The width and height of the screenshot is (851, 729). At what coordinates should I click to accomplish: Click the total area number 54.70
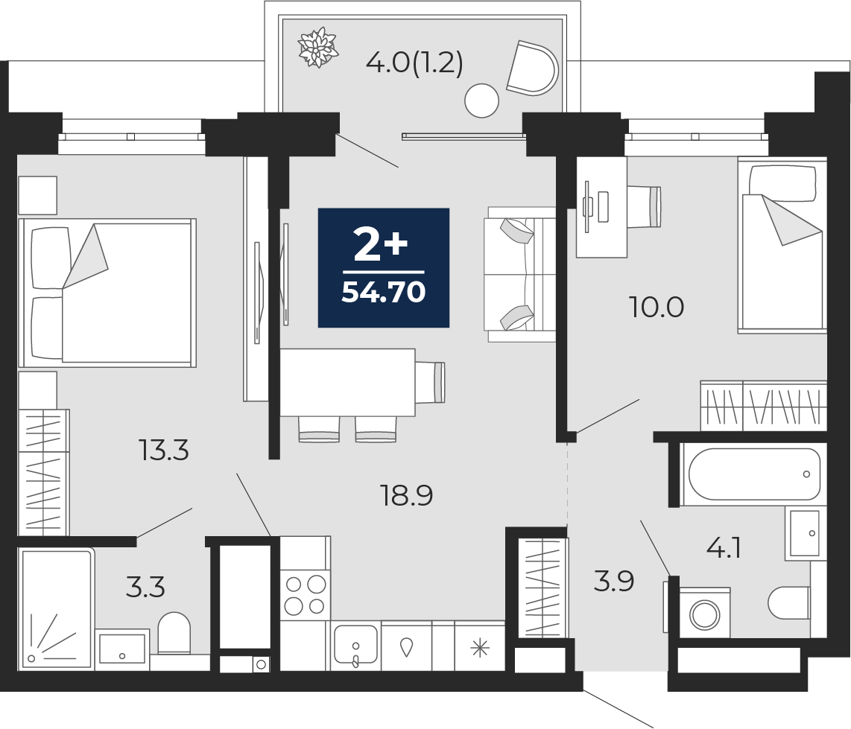pos(383,293)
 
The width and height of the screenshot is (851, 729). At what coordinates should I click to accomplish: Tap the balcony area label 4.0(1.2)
pos(414,64)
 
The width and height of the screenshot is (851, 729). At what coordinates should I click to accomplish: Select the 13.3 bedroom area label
pos(164,451)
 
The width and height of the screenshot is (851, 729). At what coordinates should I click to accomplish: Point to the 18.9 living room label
pos(408,495)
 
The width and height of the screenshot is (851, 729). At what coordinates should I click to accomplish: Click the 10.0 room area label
pos(657,308)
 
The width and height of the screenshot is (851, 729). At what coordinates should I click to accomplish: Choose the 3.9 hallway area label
pos(614,582)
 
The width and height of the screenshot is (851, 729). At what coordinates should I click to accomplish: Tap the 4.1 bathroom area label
pos(723,548)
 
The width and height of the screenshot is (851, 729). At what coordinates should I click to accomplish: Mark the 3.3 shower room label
pos(145,588)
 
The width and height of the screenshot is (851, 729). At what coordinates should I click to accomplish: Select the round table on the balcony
pos(482,101)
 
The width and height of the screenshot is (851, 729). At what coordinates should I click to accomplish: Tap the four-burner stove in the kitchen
pos(305,595)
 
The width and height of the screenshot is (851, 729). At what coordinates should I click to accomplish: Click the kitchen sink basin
pos(355,644)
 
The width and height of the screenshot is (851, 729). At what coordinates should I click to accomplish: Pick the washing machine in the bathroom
pos(704,613)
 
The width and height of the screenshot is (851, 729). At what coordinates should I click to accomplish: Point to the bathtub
pos(754,474)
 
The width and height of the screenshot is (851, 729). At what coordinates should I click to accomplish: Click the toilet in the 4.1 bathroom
pos(789,602)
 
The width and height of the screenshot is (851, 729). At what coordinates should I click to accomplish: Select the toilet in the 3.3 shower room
pos(174,632)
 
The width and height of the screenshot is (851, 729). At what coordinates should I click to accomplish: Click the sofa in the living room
pos(519,274)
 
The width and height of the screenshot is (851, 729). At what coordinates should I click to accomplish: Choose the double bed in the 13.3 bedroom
pos(107,293)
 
